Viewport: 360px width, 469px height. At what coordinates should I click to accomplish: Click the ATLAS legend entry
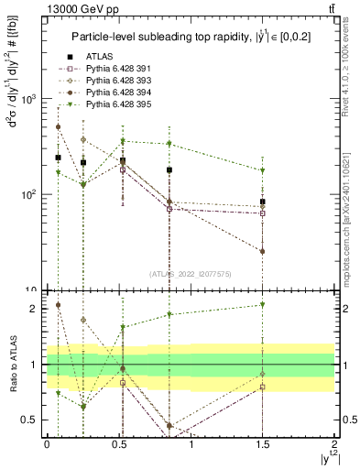pyautogui.click(x=98, y=57)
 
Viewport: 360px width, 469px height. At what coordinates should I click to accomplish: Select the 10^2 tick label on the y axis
pyautogui.click(x=30, y=195)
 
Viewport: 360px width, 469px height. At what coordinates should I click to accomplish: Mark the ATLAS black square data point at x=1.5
pyautogui.click(x=263, y=202)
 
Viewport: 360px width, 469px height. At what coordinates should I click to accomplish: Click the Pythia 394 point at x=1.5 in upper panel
pyautogui.click(x=263, y=251)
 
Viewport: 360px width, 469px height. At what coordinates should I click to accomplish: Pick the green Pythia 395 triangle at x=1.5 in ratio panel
pyautogui.click(x=263, y=305)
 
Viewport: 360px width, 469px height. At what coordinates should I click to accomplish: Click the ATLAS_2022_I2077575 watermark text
pyautogui.click(x=191, y=274)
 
